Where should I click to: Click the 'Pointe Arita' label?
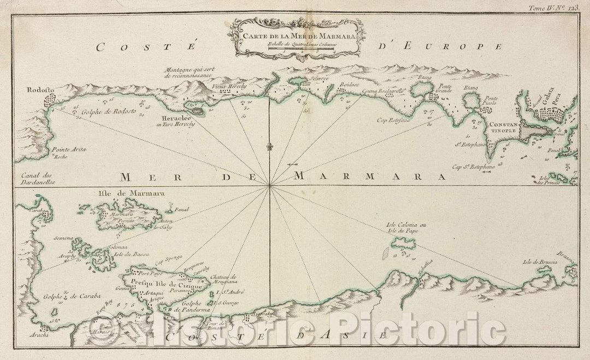pos(69,149)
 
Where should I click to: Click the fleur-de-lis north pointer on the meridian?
pos(269,147)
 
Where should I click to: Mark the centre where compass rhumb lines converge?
pos(270,187)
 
